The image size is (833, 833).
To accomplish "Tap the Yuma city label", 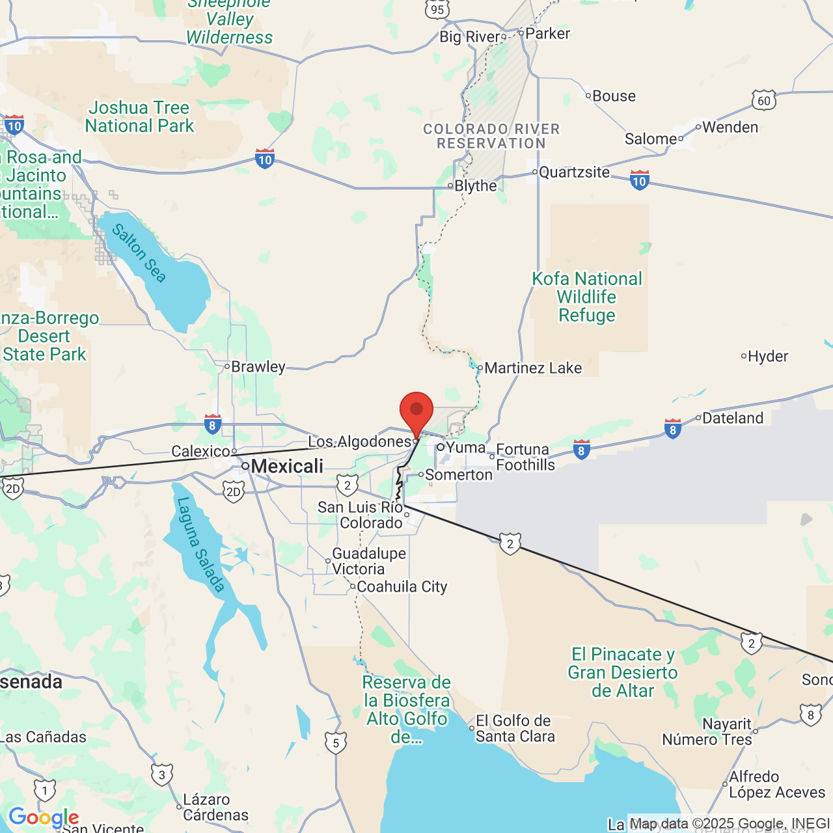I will (x=465, y=447).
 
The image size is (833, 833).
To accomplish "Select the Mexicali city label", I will (x=287, y=466).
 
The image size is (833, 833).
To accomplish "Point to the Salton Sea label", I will (x=139, y=253).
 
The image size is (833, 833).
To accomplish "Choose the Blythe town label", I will (x=475, y=185).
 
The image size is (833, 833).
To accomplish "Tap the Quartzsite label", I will (x=574, y=172).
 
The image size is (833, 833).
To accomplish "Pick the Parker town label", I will (x=547, y=33).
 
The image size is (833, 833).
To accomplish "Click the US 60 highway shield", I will (x=764, y=100).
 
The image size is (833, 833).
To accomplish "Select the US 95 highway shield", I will (x=437, y=9).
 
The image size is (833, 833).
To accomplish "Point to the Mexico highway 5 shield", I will (x=336, y=743).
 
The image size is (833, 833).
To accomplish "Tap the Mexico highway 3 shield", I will (x=162, y=774).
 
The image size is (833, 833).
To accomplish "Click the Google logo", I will (x=44, y=817).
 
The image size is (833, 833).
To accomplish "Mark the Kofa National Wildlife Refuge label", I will (x=587, y=297).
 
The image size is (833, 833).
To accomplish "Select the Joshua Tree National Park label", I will (x=139, y=116).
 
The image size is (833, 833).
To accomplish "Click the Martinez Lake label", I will (x=533, y=368).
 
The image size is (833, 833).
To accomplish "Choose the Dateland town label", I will (x=733, y=418).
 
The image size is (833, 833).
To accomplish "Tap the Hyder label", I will (x=768, y=356).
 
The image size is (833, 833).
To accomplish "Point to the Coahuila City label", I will (x=402, y=586).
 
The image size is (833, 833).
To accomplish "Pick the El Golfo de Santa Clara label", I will (x=515, y=728).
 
